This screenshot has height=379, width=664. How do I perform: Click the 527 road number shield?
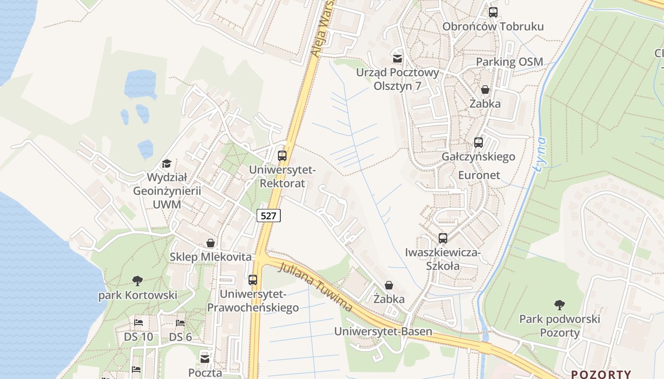pos(268,216)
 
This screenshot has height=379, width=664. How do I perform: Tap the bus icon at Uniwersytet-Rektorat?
pos(282,155)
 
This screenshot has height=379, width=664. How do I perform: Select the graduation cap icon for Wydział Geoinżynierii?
pos(166,164)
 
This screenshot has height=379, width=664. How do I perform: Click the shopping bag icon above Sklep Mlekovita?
pos(211,244)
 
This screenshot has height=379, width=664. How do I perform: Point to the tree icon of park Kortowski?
pos(138,281)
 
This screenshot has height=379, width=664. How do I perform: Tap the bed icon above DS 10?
pos(138,323)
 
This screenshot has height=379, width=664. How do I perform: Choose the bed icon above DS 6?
pos(180,323)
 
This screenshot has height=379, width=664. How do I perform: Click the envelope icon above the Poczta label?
pos(205,359)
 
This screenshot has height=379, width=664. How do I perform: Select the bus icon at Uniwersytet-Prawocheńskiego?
pos(253,280)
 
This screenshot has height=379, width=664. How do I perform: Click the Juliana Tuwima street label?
pos(315,287)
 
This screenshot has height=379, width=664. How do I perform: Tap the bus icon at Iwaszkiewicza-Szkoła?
pos(443,238)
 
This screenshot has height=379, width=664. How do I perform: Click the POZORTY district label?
pos(601,374)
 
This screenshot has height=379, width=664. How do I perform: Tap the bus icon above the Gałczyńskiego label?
pos(479,142)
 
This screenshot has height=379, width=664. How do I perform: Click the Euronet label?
pos(479,175)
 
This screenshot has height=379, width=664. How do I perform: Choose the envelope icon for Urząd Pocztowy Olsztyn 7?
pos(397,59)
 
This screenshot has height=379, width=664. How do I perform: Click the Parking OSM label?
pos(509,62)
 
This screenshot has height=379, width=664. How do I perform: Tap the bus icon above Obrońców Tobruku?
pos(493,12)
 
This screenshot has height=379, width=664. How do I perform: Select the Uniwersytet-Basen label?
pos(383,331)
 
